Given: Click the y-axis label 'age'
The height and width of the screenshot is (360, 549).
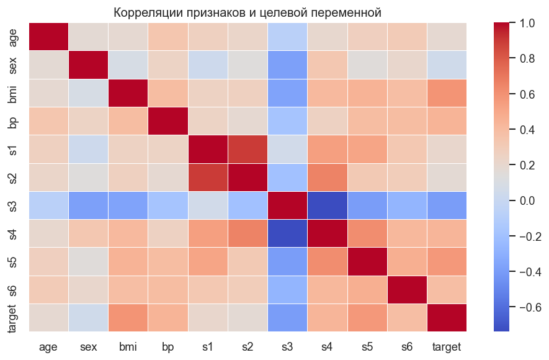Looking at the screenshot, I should click(x=14, y=37).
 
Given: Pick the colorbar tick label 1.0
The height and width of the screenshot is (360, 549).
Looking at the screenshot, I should click(x=527, y=24).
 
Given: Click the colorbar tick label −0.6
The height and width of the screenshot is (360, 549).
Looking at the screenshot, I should click(x=529, y=308).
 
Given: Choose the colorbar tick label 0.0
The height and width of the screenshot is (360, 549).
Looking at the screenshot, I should click(x=527, y=201).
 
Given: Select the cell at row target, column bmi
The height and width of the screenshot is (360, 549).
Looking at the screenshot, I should click(x=128, y=317).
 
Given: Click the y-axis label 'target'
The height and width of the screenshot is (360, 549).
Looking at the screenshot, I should click(x=14, y=317).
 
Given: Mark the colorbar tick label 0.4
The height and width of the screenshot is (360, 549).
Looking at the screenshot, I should click(x=527, y=130).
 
